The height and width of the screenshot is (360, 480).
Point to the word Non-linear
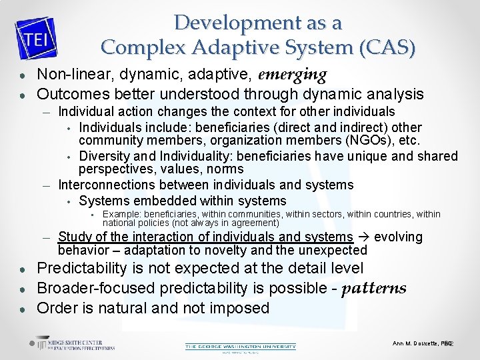[69, 74]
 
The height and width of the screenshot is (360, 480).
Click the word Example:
[121, 214]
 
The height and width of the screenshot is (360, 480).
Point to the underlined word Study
[74, 237]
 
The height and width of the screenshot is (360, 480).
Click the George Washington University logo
[240, 346]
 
